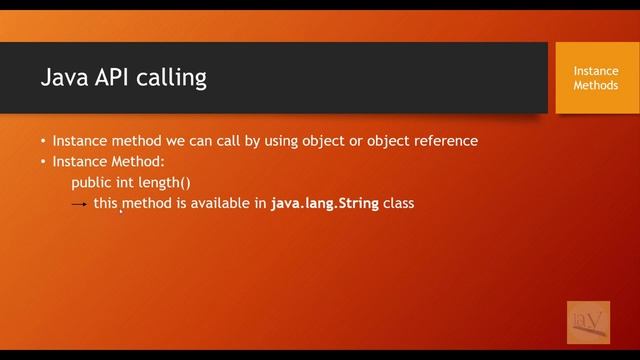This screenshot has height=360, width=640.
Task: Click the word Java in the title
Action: [x=62, y=78]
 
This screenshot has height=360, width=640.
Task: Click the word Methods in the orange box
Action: [x=595, y=85]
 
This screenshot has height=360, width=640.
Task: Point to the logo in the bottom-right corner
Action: [x=588, y=322]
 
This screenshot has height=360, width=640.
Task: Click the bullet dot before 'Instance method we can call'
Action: [x=43, y=141]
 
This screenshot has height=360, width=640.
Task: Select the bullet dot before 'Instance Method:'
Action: [x=43, y=161]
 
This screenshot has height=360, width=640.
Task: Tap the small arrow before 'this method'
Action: [x=80, y=204]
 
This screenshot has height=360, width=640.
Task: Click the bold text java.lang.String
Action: [x=324, y=203]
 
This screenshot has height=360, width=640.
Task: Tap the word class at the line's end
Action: [x=399, y=203]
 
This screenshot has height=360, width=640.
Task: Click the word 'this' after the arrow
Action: [x=106, y=203]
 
